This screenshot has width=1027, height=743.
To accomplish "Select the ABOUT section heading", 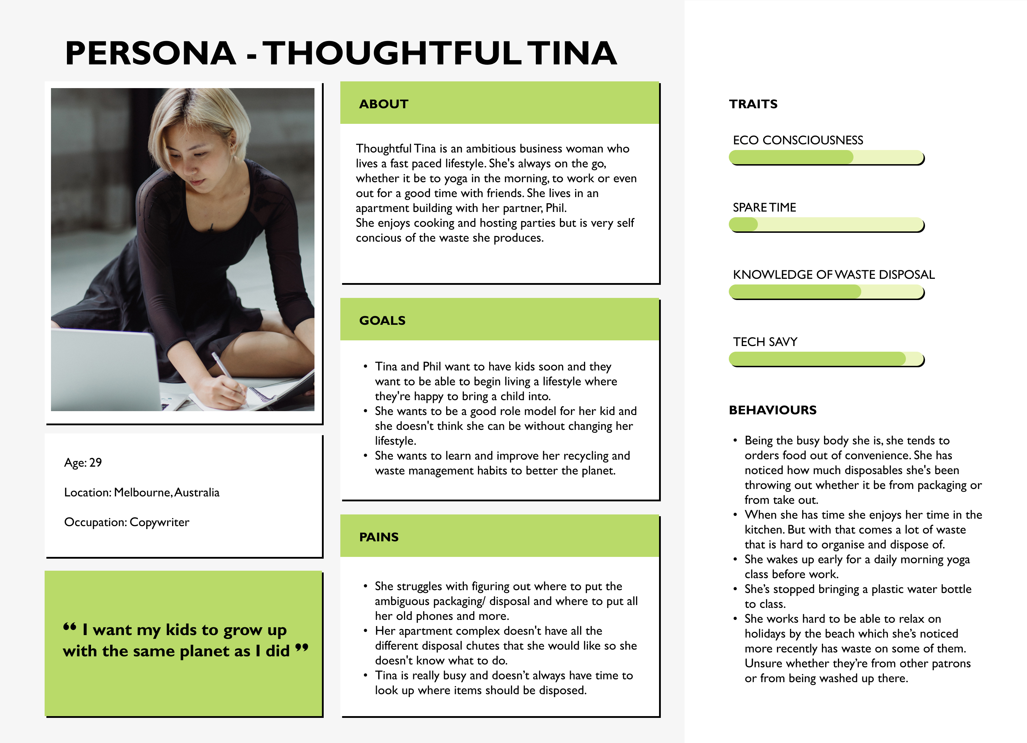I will [384, 104].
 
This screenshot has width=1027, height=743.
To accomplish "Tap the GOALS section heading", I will [382, 320].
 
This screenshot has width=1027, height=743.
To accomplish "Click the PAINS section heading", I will [379, 537].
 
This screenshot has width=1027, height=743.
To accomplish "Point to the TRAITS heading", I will [753, 104].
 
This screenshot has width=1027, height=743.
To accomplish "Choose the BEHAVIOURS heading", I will [772, 410].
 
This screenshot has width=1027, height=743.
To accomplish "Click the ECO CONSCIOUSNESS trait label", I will [798, 140].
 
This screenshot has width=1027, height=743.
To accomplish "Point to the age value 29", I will [96, 462].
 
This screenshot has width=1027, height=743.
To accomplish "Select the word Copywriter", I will [159, 522].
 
